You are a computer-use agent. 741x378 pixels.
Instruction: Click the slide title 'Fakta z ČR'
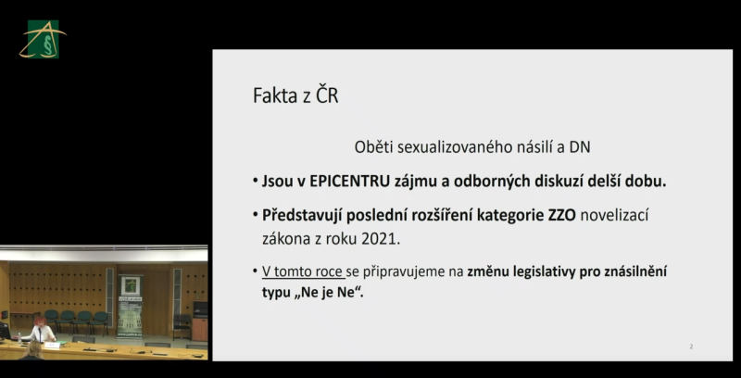(x=295, y=95)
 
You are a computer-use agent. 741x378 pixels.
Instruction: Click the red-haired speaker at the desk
(x=40, y=330)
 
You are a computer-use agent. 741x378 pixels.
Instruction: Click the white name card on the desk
(x=53, y=345)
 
